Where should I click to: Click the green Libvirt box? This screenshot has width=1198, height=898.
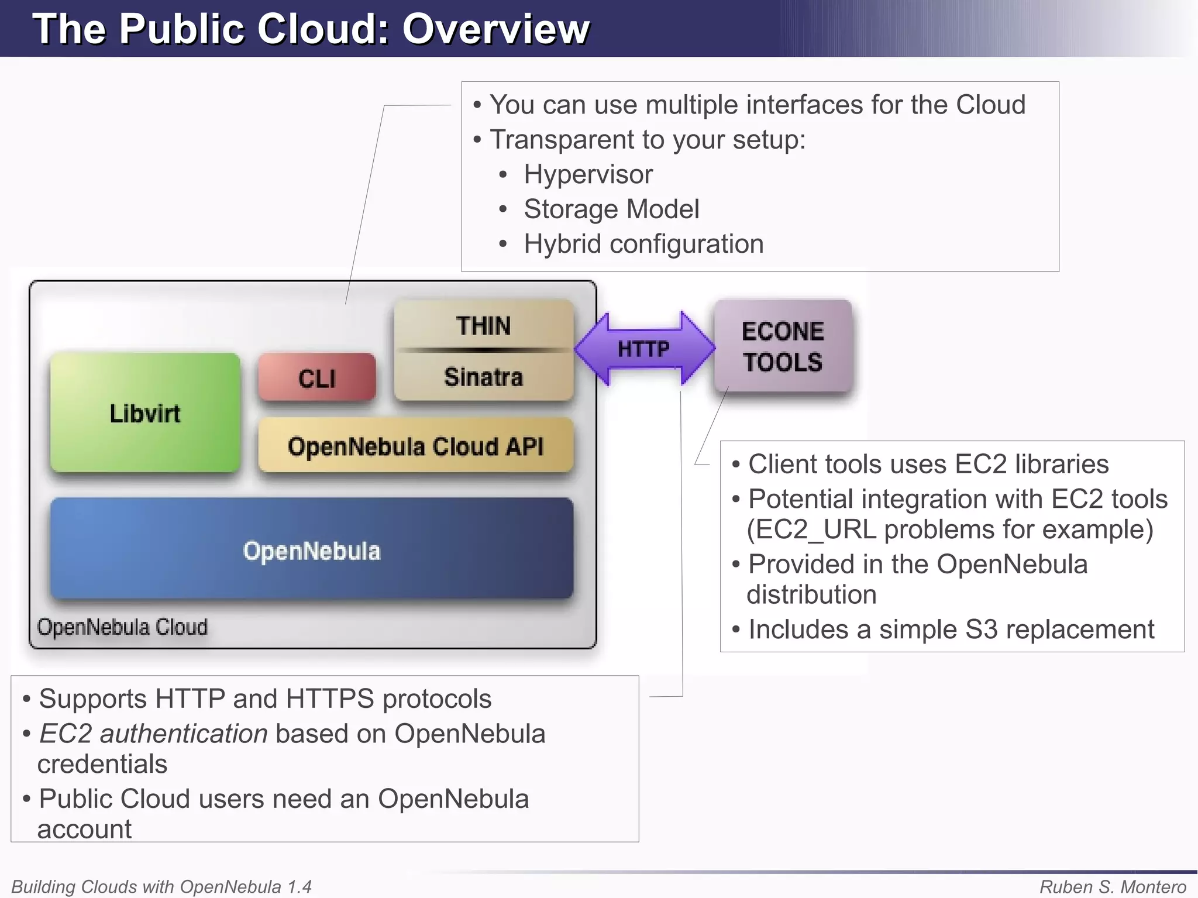tap(145, 412)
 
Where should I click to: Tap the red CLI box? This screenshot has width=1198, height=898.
tap(316, 378)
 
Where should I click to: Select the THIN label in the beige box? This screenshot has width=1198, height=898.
tap(483, 326)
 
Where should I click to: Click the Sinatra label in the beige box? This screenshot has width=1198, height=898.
tap(483, 377)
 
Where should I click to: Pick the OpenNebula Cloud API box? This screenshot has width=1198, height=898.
tap(415, 446)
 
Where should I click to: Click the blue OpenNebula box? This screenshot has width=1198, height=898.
tap(311, 550)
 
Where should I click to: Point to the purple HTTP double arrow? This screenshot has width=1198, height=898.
tap(643, 349)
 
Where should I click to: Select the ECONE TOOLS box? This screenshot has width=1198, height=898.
tap(783, 346)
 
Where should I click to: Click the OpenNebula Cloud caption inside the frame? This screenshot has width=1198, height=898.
tap(122, 627)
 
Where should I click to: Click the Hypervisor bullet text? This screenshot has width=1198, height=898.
tap(588, 174)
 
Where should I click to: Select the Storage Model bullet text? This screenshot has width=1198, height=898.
tap(611, 209)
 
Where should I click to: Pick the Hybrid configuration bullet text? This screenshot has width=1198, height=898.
tap(643, 244)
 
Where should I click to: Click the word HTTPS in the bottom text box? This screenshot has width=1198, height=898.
tap(330, 699)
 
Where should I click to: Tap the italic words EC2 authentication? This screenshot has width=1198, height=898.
tap(153, 734)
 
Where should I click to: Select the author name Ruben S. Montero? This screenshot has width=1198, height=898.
tap(1113, 886)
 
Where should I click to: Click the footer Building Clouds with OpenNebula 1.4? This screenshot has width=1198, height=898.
tap(161, 886)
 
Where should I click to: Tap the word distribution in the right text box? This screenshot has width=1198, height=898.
tap(811, 594)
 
